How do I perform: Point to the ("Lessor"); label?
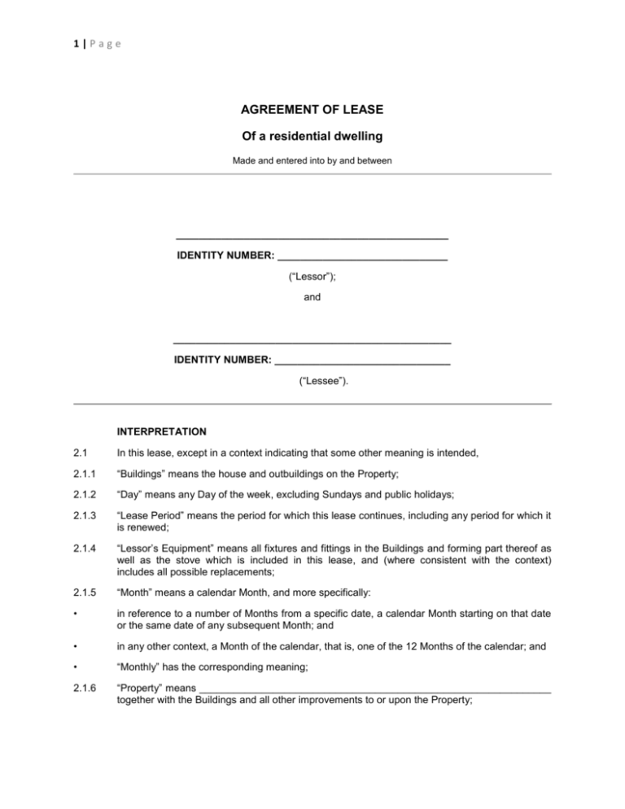(x=312, y=278)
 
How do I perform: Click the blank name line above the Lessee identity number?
(x=312, y=339)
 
